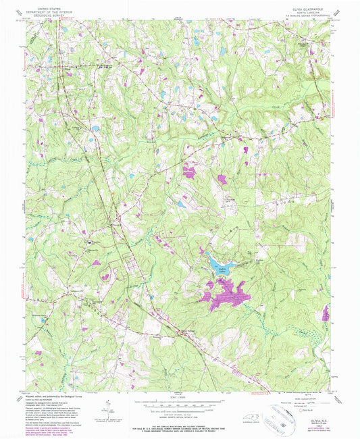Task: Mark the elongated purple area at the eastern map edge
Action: (x=327, y=313)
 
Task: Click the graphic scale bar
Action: (x=179, y=404)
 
